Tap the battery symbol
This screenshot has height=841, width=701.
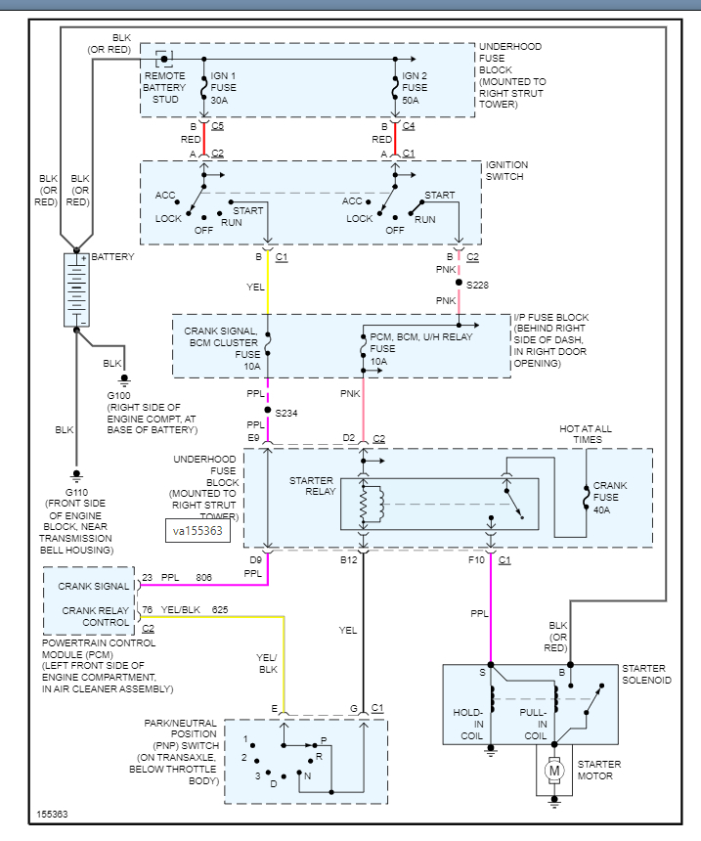76,289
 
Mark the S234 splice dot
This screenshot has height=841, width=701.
267,411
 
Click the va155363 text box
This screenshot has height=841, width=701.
197,531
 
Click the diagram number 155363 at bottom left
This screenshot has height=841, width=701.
53,814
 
